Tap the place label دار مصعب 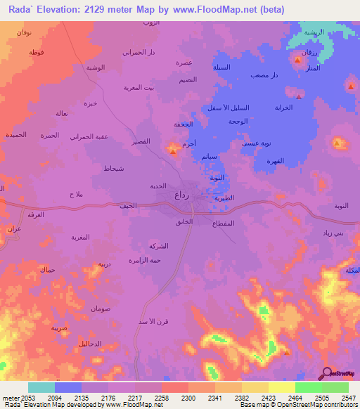coord(265,75)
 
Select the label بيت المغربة coord(139,87)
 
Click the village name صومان coord(102,309)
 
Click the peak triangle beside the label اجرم coord(173,150)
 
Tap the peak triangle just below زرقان coord(297,61)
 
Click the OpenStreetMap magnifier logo coord(326,372)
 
